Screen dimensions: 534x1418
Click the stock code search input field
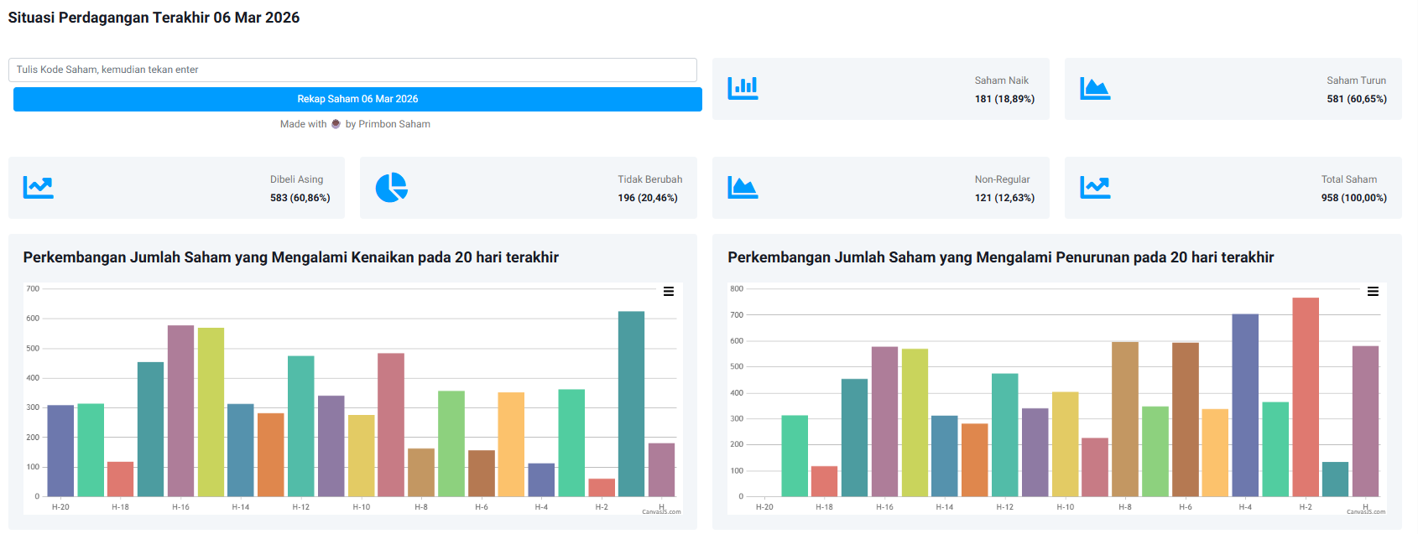352,70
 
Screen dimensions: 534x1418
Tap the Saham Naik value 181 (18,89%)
1004,99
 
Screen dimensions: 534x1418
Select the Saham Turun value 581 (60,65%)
1356,99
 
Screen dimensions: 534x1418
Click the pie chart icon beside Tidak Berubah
391,188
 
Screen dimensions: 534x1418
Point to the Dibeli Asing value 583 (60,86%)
300,198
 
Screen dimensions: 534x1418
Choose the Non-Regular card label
1002,179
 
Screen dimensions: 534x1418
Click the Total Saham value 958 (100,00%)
1353,198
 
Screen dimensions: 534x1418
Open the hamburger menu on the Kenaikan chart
669,292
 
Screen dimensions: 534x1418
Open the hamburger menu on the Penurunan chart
1373,292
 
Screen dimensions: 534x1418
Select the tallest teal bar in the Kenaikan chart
631,403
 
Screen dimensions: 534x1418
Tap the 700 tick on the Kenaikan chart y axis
33,288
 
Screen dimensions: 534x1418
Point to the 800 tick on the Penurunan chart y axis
737,288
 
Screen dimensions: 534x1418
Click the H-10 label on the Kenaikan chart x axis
362,507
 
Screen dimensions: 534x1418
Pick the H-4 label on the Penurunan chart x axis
1245,507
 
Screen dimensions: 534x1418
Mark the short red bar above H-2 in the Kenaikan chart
602,488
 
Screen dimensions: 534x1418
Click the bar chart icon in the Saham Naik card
743,88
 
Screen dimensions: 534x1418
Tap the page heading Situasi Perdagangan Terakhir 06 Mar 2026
154,18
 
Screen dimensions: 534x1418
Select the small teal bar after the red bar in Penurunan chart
1335,480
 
